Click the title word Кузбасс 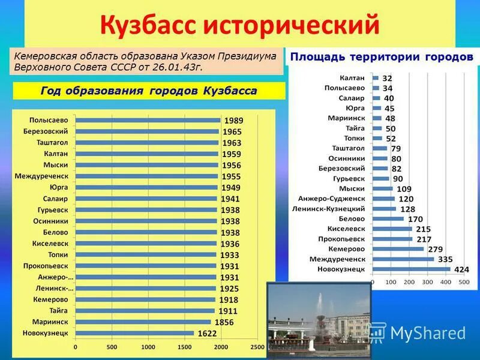pos(148,25)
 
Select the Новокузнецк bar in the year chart pos(134,332)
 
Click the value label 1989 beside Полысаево pos(233,121)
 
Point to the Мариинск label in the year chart pos(53,322)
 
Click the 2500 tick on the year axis pos(257,347)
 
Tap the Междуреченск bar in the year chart pos(148,176)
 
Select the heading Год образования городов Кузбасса pos(148,91)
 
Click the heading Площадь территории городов pos(382,56)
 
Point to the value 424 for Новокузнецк pos(461,269)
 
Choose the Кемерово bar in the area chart pos(398,248)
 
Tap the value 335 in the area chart pos(445,259)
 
